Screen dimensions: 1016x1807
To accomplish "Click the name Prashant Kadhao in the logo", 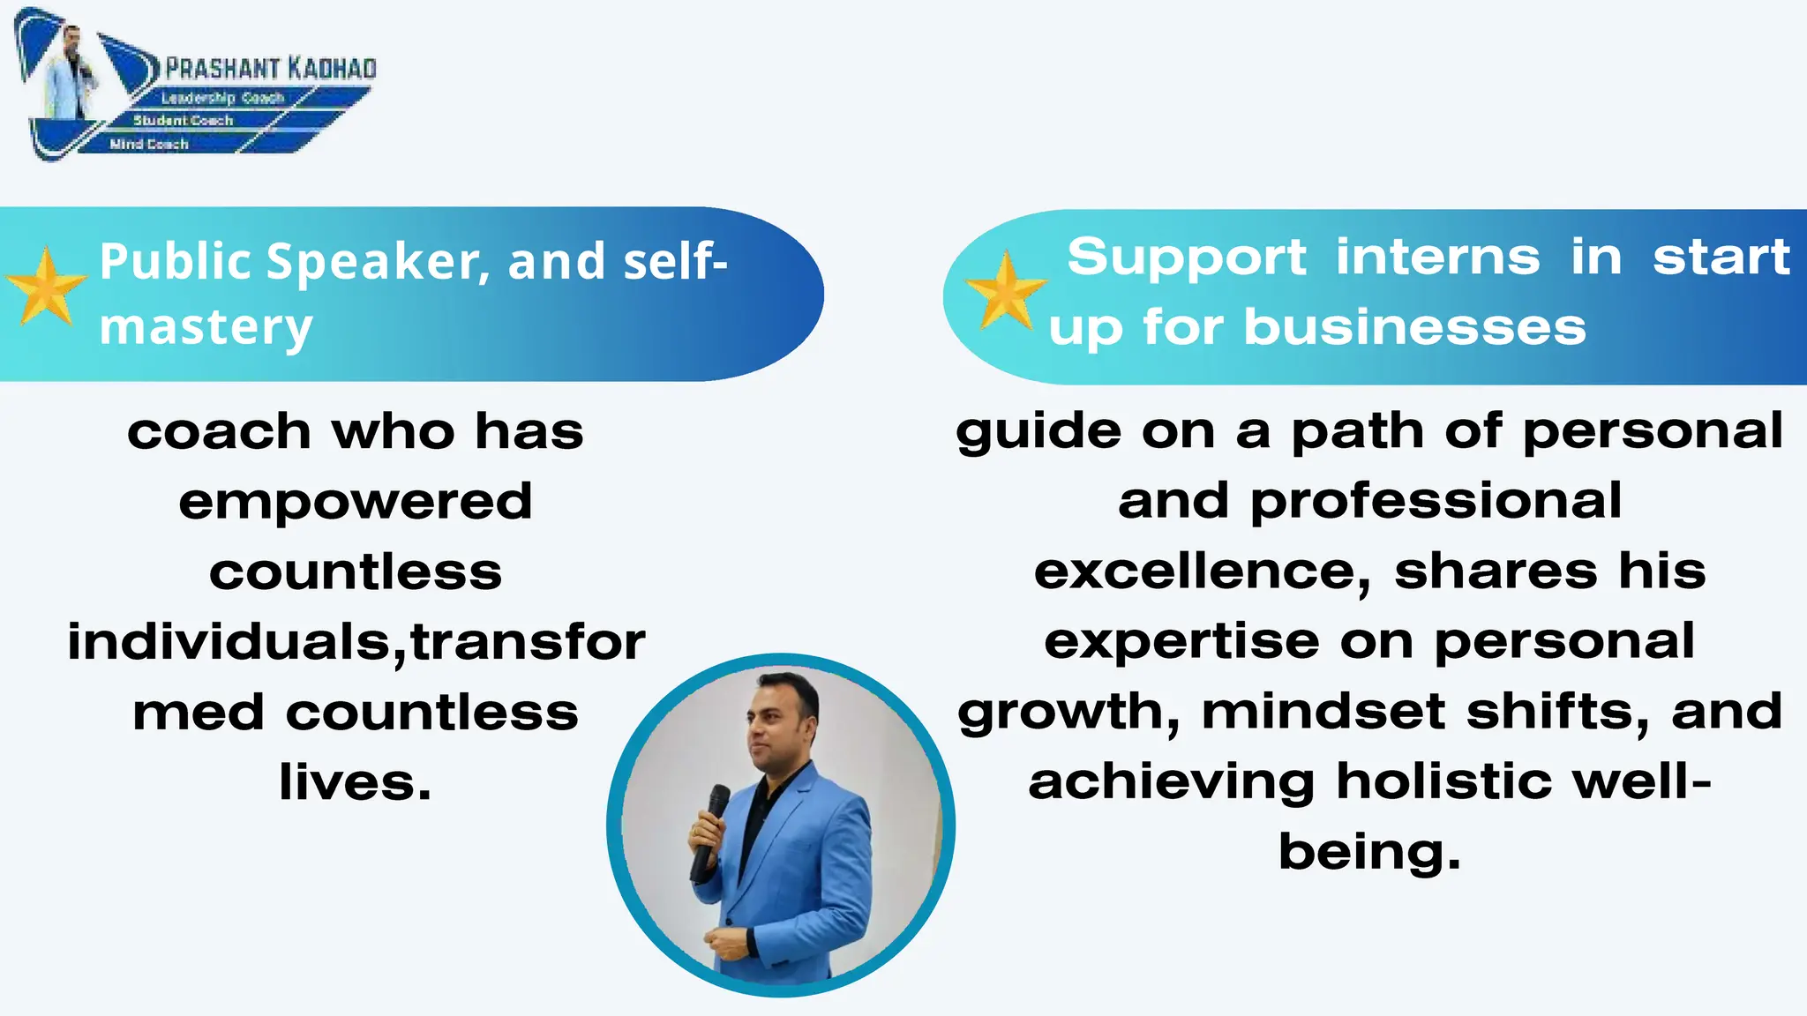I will [x=271, y=69].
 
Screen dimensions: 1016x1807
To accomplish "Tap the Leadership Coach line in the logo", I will [x=222, y=98].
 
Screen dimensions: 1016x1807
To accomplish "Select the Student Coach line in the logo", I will [x=183, y=120].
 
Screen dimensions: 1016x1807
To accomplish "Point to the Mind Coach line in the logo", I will [x=149, y=144].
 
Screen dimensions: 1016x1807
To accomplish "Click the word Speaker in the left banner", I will [x=377, y=262].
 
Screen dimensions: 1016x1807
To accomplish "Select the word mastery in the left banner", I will [x=206, y=327].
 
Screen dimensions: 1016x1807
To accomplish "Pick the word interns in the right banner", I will [x=1437, y=257].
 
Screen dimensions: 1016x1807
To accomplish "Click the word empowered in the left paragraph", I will [x=356, y=502].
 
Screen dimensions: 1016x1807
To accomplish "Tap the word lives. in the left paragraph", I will [x=356, y=782].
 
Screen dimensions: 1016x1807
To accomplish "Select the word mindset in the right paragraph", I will [x=1323, y=712].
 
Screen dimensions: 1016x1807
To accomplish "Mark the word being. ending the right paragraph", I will [x=1369, y=852].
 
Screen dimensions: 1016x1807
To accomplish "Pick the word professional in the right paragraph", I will [x=1436, y=502].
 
